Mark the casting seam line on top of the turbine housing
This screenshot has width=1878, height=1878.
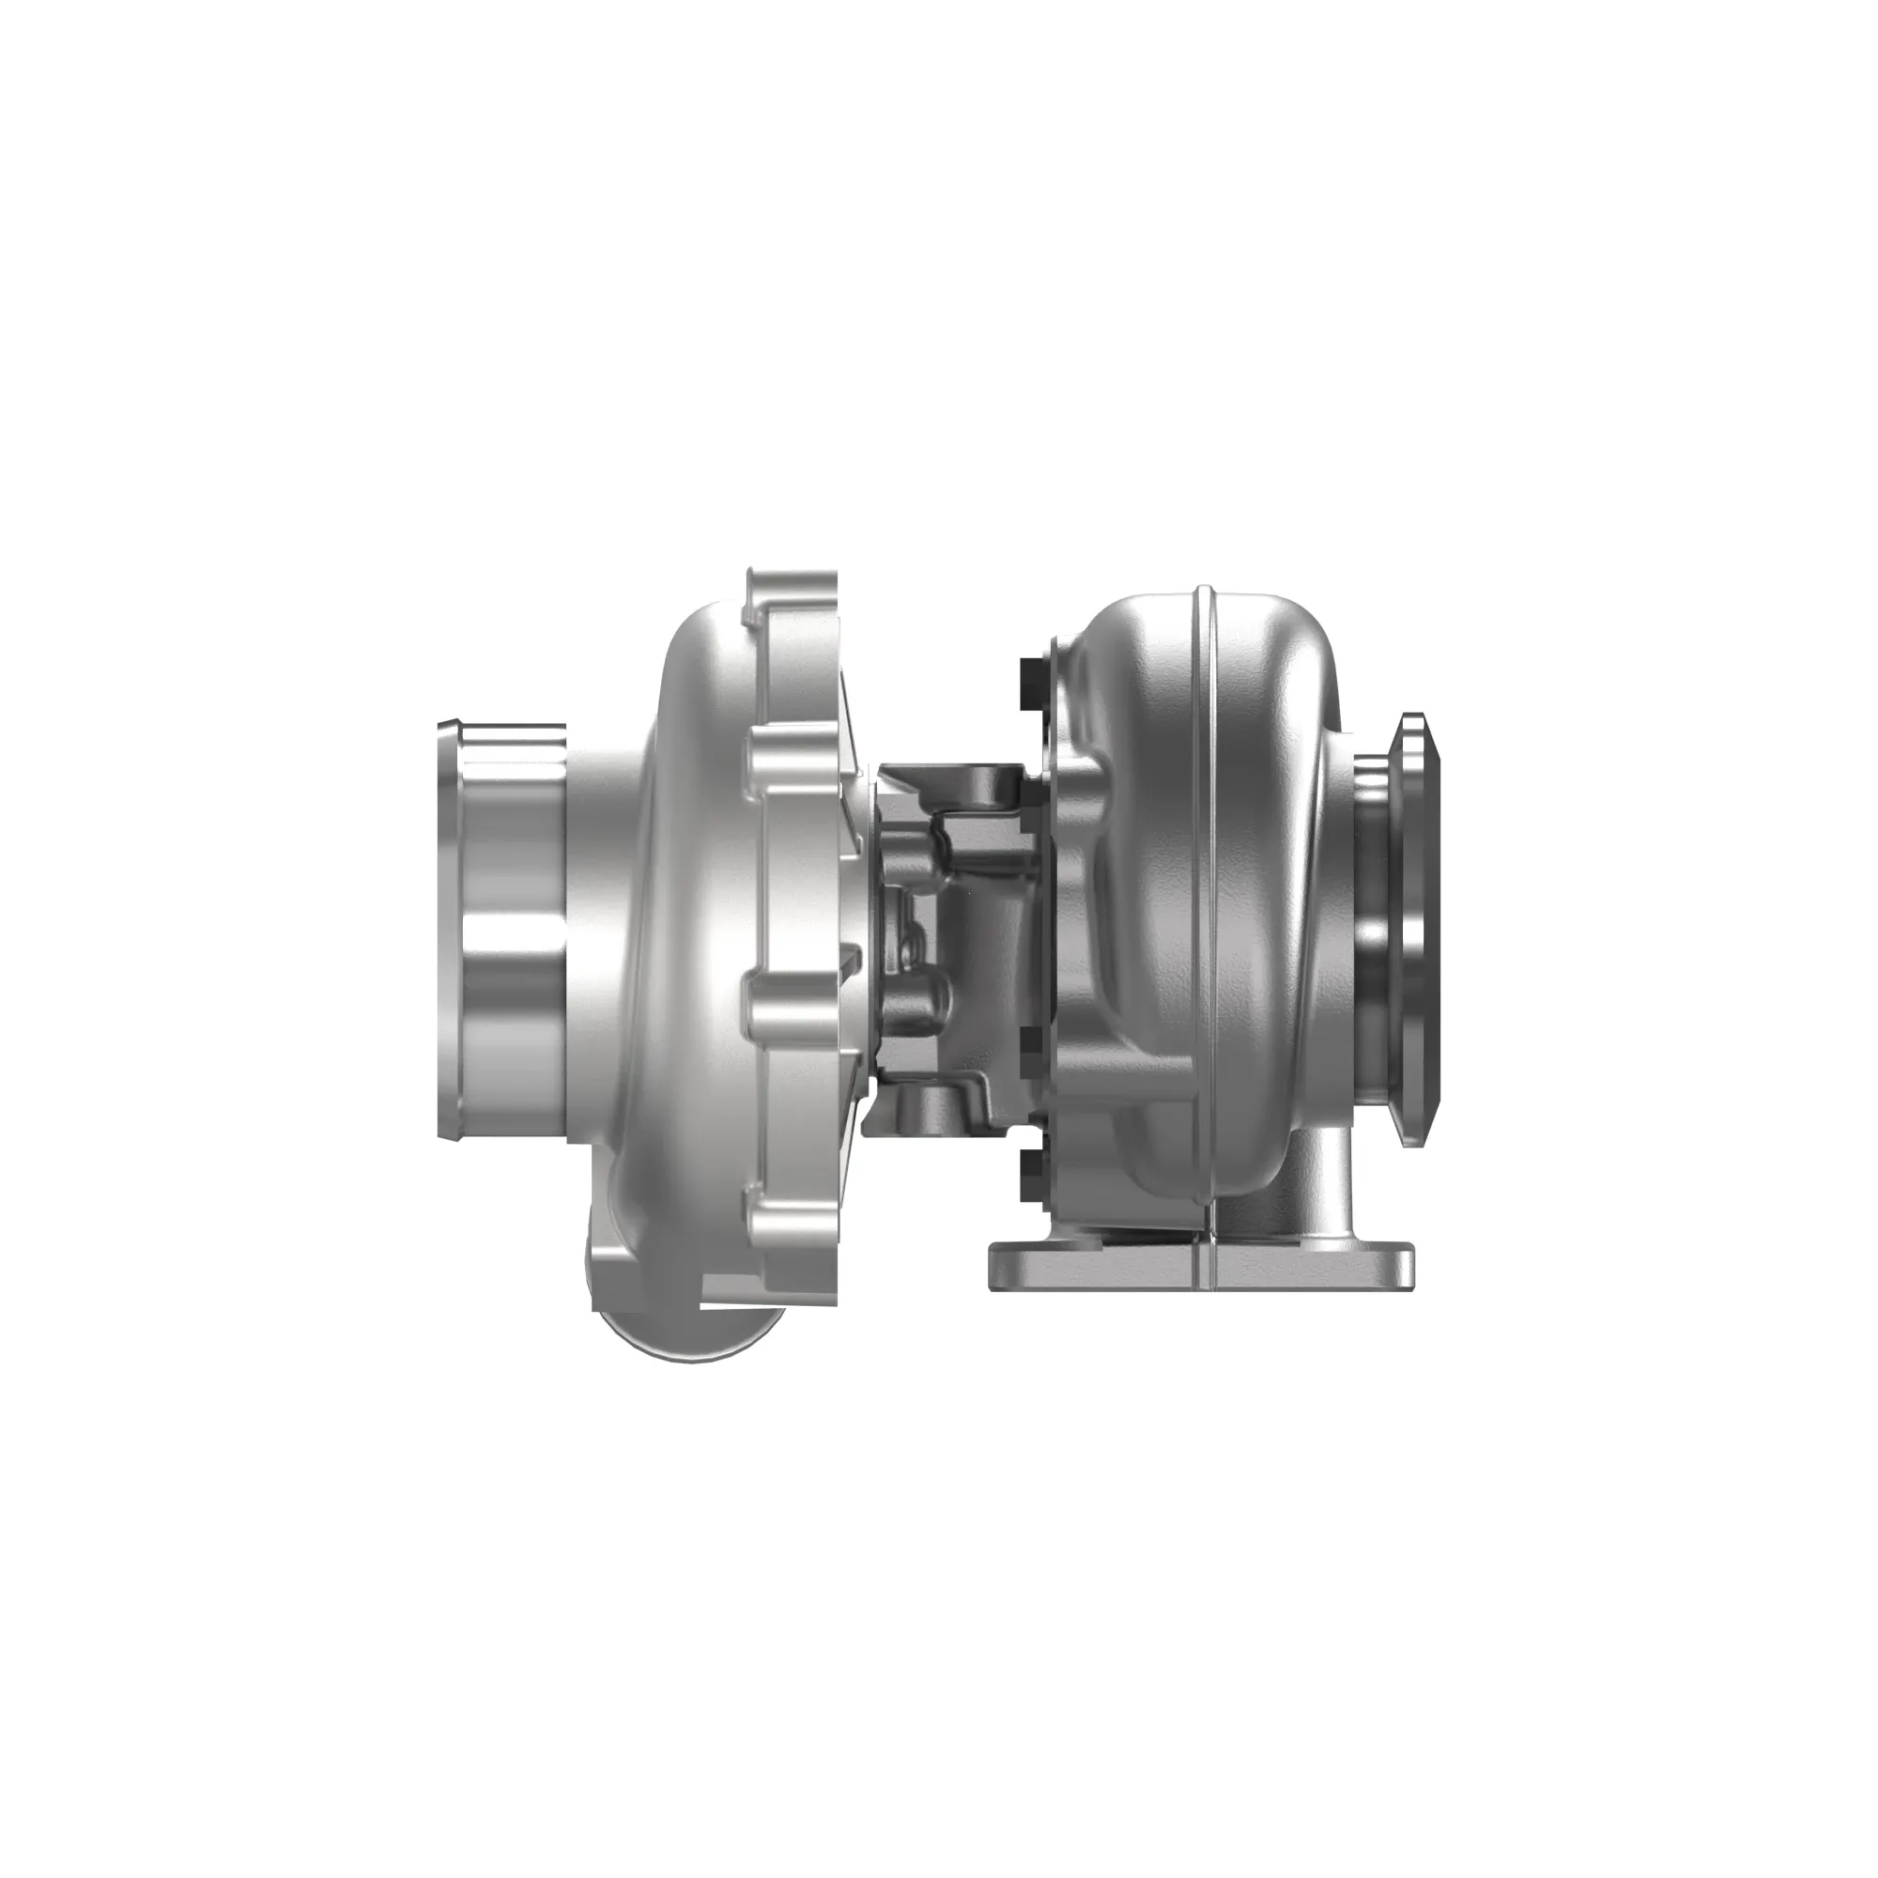(1206, 623)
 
